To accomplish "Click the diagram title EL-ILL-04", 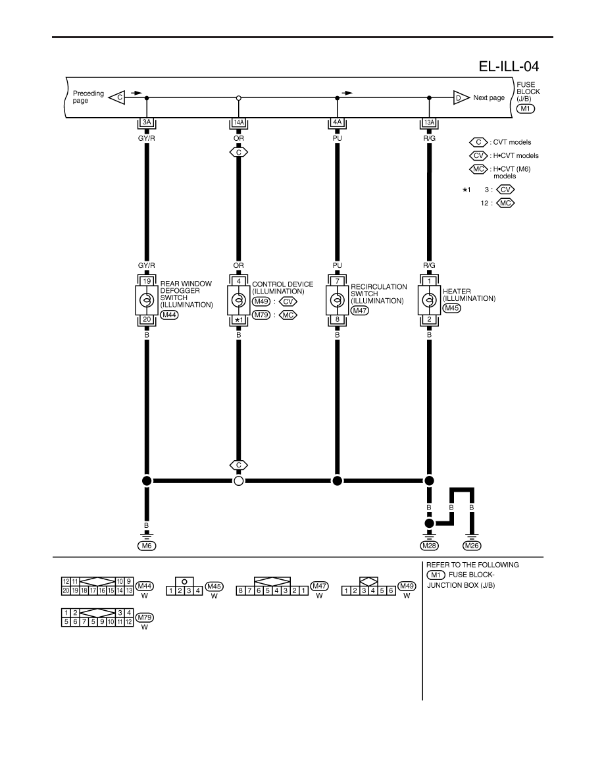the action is [509, 66].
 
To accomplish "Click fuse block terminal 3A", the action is [147, 122].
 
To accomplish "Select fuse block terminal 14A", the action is [239, 122].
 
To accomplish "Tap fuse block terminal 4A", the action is [338, 122].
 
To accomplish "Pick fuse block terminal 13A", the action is [429, 122].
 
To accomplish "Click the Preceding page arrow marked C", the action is [116, 97].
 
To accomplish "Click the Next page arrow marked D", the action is [461, 97].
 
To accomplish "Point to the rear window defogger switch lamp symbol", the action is [147, 300].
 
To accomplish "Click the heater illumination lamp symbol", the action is [429, 300].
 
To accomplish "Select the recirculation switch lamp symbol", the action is [338, 300].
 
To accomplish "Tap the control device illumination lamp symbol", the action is [239, 300].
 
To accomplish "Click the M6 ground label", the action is [147, 546].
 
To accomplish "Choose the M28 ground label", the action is [429, 546].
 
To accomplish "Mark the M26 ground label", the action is [472, 546].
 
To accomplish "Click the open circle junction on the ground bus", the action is [239, 481].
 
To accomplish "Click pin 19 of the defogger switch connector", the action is [147, 281].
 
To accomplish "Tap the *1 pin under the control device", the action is [239, 320].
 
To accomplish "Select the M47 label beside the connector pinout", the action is [320, 586].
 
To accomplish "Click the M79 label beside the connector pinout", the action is [145, 617].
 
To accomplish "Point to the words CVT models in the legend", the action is [512, 142].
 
